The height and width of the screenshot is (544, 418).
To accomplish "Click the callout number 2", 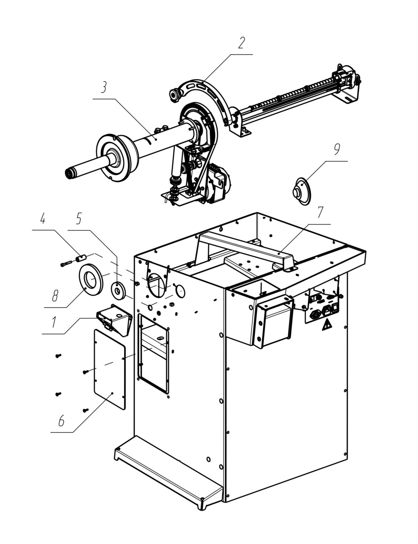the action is tap(241, 43).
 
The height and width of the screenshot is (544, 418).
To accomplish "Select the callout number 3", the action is tap(104, 87).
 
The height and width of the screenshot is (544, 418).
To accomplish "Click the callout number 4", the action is tap(43, 219).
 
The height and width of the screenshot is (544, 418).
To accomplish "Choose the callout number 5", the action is tap(79, 219).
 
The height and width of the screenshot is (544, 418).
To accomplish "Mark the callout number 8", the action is tap(55, 296).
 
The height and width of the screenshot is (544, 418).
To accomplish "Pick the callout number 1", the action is tap(54, 322).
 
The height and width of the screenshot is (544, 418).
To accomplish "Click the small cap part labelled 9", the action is tap(301, 191).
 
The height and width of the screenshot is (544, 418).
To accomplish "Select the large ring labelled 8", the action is tap(91, 279).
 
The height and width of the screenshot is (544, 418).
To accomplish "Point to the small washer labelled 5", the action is tap(119, 290).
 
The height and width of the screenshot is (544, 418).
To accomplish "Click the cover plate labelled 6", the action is tap(109, 370).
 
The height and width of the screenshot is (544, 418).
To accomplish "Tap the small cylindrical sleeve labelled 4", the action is tap(81, 258).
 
